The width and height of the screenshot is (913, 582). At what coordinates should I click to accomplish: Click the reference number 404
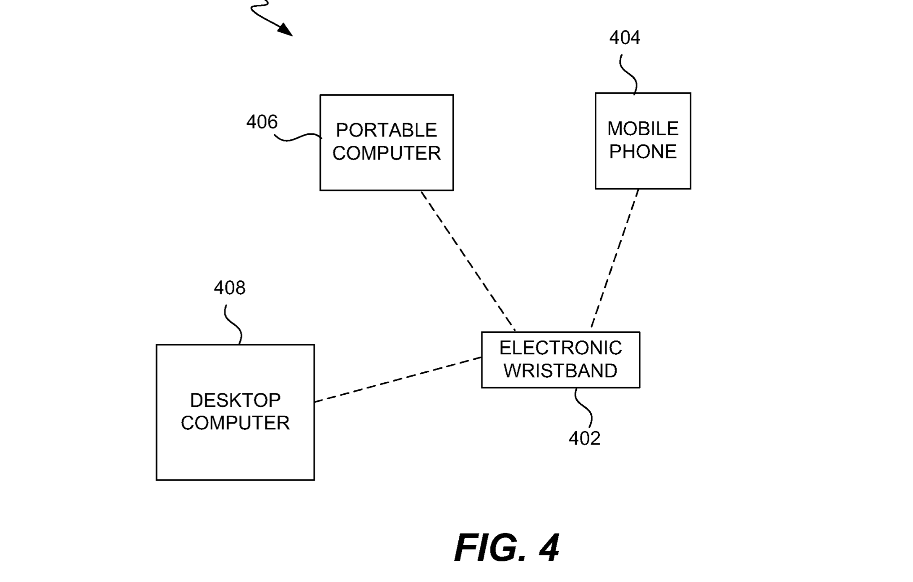(x=624, y=37)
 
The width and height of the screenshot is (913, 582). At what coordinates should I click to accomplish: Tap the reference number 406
(x=262, y=122)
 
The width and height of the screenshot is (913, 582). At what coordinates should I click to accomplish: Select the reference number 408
(x=229, y=288)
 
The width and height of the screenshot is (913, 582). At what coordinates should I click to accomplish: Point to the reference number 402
(x=584, y=438)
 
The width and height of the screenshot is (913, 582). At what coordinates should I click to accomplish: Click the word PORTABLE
(x=386, y=130)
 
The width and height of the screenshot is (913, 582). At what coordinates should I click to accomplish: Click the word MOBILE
(x=642, y=129)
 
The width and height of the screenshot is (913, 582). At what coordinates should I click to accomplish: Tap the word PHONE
(x=642, y=152)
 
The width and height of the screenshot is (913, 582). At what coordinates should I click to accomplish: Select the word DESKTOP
(x=235, y=400)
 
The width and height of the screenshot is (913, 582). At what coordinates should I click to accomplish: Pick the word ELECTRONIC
(x=560, y=348)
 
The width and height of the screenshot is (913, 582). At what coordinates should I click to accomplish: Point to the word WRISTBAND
(x=560, y=371)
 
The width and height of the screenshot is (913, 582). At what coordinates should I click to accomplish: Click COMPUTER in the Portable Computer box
(x=386, y=154)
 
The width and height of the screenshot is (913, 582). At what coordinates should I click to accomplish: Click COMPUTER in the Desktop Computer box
(x=235, y=423)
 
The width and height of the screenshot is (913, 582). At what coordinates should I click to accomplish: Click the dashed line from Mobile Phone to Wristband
(x=615, y=258)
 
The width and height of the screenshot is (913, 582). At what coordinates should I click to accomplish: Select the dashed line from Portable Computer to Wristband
(x=468, y=260)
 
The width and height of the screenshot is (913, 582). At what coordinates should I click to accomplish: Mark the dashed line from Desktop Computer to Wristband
(x=398, y=379)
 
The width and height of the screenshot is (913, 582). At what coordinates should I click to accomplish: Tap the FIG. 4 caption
(x=506, y=547)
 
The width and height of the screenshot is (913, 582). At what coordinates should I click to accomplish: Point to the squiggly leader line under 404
(x=629, y=75)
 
